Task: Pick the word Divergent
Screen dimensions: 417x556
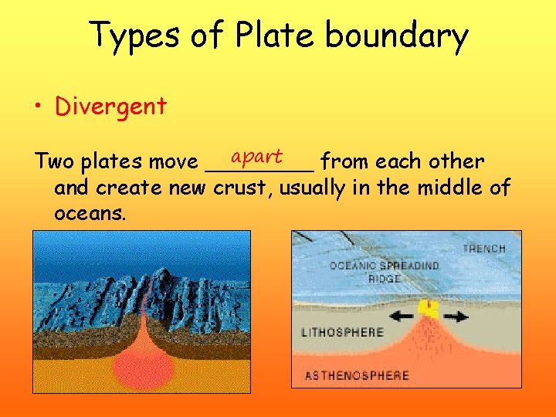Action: click(110, 107)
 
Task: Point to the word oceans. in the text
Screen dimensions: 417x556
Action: click(90, 212)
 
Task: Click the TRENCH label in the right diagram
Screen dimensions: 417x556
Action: click(484, 249)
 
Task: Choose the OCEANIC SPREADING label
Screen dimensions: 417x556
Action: click(385, 266)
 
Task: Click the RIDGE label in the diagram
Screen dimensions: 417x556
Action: click(384, 278)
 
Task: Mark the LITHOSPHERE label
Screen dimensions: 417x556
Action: click(342, 333)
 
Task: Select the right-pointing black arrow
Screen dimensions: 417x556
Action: click(456, 315)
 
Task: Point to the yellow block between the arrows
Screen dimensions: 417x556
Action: click(428, 310)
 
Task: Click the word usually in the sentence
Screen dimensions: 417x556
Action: click(312, 188)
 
